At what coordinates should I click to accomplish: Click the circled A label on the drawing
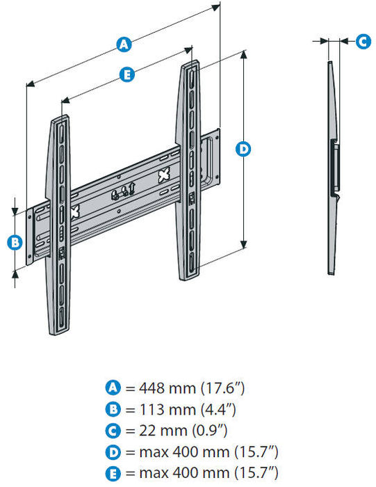pyautogui.click(x=124, y=45)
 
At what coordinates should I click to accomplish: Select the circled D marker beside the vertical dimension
pyautogui.click(x=243, y=148)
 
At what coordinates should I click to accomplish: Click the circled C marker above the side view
pyautogui.click(x=363, y=41)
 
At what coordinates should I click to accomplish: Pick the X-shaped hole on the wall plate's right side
pyautogui.click(x=164, y=175)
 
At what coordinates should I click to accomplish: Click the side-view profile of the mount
pyautogui.click(x=333, y=167)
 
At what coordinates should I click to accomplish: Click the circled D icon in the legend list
pyautogui.click(x=112, y=452)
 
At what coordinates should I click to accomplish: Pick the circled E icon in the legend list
pyautogui.click(x=112, y=474)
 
